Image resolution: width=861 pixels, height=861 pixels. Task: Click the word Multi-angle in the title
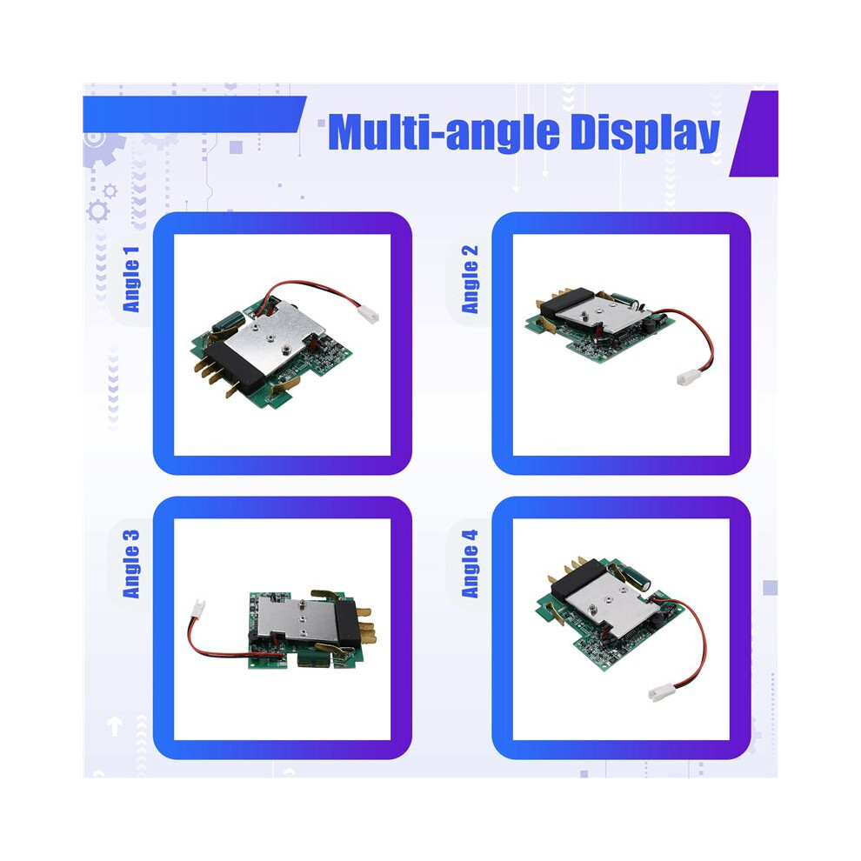[444, 133]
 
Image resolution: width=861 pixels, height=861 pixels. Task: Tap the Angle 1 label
[131, 279]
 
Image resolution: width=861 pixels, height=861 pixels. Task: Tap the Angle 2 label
[470, 279]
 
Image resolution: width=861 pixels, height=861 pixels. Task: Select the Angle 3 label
[131, 564]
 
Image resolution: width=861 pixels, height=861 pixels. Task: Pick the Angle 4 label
[470, 564]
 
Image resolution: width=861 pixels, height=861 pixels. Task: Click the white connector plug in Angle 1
[368, 315]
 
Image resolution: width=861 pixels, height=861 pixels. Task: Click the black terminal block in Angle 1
[235, 367]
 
